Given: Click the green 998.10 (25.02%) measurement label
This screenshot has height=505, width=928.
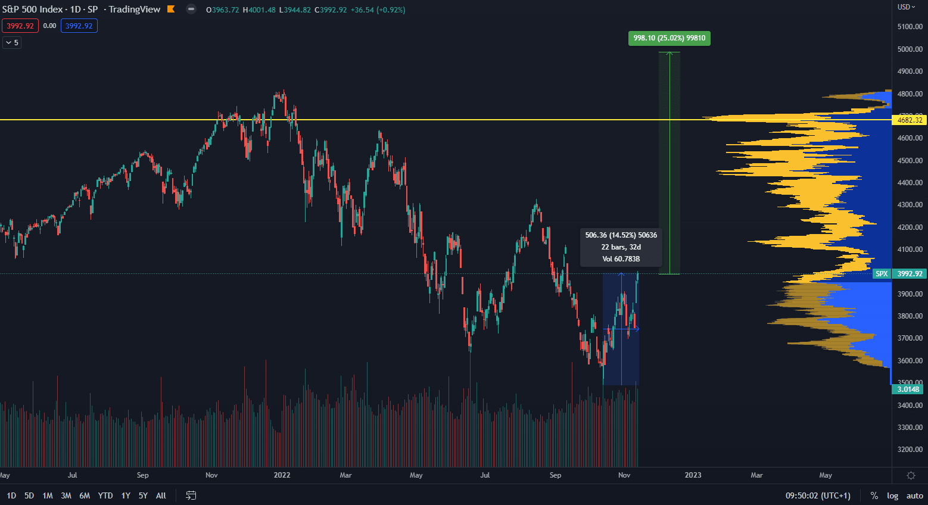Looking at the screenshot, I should click(x=669, y=38).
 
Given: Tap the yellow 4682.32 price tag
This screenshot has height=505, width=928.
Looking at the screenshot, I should click(x=910, y=120).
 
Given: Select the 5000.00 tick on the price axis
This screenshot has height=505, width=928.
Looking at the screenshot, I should click(x=910, y=49).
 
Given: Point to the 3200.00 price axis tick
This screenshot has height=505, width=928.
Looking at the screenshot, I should click(x=910, y=450).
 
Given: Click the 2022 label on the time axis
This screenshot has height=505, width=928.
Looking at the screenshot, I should click(x=282, y=475).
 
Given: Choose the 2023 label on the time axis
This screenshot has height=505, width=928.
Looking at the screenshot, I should click(x=693, y=475).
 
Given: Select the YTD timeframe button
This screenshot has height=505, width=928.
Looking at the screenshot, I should click(x=105, y=495).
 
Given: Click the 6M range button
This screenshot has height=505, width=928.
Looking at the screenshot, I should click(x=85, y=495).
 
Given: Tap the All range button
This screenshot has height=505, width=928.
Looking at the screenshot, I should click(x=161, y=495).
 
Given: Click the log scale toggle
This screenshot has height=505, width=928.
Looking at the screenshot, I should click(x=892, y=495).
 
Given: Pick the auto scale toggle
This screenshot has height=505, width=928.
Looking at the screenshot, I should click(x=914, y=495).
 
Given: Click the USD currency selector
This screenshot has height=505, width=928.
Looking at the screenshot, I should click(x=906, y=7).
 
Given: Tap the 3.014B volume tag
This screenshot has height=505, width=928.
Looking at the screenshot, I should click(x=908, y=389).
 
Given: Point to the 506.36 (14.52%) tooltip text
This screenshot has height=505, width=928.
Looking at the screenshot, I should click(x=621, y=235).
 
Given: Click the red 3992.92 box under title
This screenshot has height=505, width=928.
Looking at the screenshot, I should click(x=20, y=26).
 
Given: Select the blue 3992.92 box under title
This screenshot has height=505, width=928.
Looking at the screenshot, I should click(x=79, y=26).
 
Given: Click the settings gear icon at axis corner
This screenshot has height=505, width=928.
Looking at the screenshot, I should click(x=910, y=475).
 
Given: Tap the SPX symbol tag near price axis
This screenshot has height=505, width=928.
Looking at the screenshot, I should click(x=882, y=274).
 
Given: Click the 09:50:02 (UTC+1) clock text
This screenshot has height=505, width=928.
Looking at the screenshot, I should click(x=818, y=495).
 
